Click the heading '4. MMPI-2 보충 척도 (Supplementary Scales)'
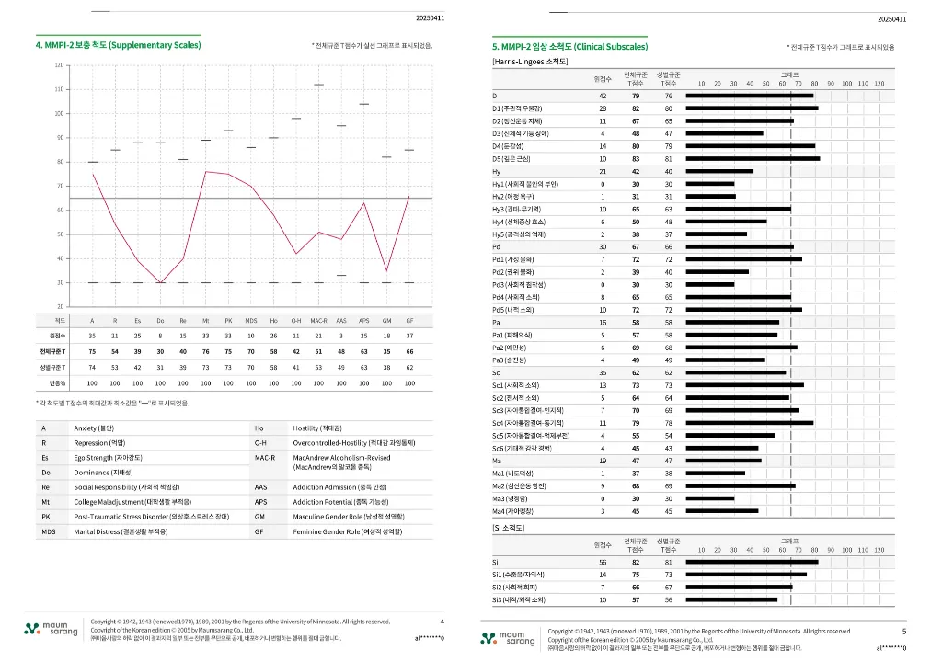tap(118, 44)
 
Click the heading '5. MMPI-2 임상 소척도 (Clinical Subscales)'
tap(569, 45)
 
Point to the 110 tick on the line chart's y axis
tap(59, 90)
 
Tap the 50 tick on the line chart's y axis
tap(59, 234)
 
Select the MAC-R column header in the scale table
tap(318, 320)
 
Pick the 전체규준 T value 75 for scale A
tap(92, 351)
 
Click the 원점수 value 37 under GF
tap(409, 336)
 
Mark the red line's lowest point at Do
tap(160, 282)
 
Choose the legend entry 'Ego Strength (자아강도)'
tap(113, 457)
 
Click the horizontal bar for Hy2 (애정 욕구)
tap(709, 197)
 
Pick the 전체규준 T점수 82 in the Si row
tap(636, 561)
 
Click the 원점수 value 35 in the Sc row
tap(603, 373)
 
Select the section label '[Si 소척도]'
tap(511, 528)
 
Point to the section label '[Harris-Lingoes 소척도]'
tap(531, 61)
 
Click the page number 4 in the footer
tap(442, 622)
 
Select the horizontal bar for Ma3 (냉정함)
tap(709, 498)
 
